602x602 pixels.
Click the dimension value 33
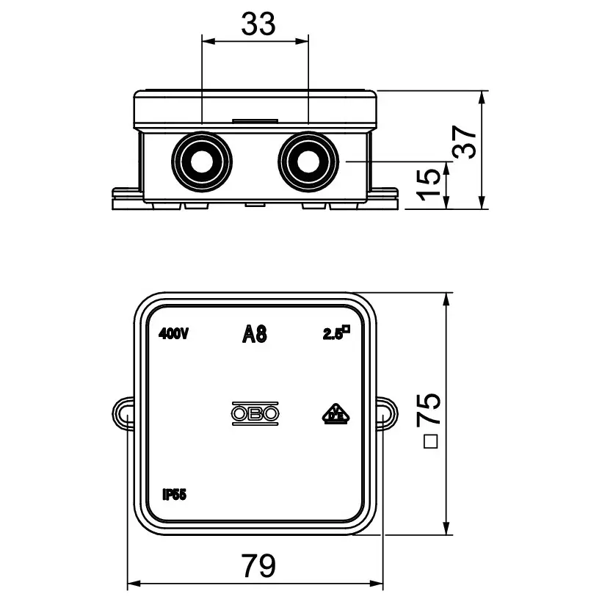click(258, 23)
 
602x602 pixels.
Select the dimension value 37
click(465, 142)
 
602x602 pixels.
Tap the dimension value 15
click(429, 185)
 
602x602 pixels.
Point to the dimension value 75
click(429, 408)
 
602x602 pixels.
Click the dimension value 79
click(258, 565)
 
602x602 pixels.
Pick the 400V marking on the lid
click(173, 334)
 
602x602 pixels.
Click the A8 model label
click(255, 333)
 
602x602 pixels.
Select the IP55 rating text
click(174, 495)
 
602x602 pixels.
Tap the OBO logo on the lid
click(255, 413)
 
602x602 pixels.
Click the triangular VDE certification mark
click(336, 414)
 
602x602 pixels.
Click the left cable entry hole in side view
click(202, 161)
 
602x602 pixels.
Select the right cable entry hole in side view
click(308, 161)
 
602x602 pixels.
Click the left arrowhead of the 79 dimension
click(133, 584)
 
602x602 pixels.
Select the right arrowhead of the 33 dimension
click(302, 40)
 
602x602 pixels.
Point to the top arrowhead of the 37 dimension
click(482, 97)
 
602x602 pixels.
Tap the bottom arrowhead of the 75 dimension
click(446, 528)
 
